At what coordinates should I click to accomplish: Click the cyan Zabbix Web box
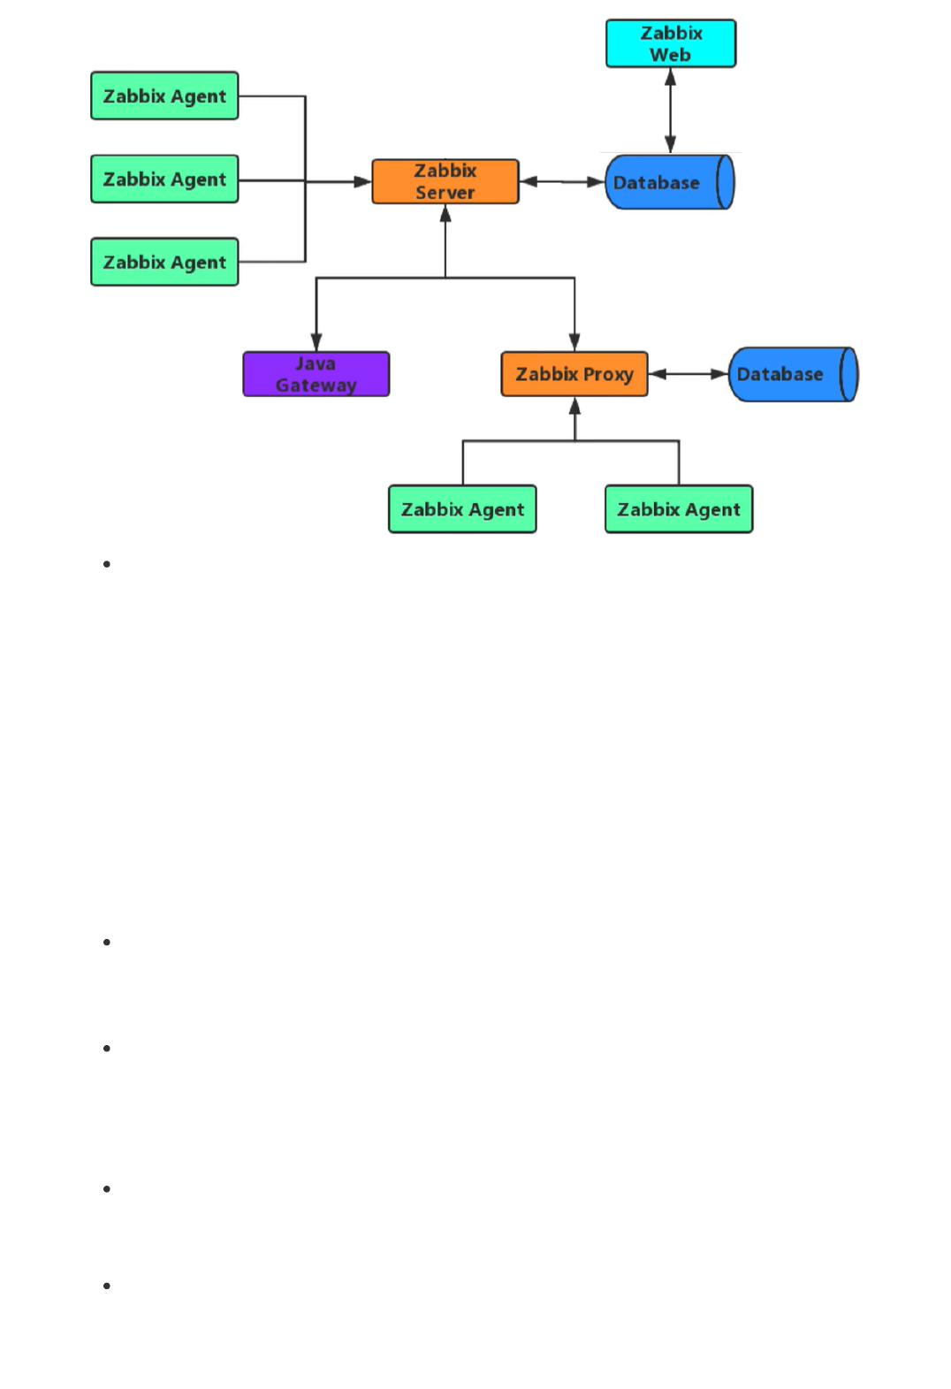[x=670, y=43]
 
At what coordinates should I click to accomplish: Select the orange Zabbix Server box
[x=445, y=181]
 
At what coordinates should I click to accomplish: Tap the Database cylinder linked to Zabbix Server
[x=669, y=182]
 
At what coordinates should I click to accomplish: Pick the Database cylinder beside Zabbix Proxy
[x=793, y=374]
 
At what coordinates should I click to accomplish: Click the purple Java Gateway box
[x=316, y=374]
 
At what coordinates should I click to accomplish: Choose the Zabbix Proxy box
[x=574, y=374]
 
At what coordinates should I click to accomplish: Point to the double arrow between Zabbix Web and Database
[x=670, y=111]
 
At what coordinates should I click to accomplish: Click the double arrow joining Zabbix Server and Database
[x=562, y=182]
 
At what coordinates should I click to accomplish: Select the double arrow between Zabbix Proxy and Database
[x=689, y=374]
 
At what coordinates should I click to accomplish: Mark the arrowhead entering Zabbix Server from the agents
[x=362, y=182]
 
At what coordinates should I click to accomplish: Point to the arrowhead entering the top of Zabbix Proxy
[x=574, y=342]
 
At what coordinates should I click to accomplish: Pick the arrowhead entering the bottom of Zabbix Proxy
[x=574, y=407]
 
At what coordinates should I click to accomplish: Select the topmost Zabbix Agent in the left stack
[x=164, y=95]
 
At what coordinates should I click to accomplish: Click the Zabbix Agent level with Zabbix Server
[x=164, y=179]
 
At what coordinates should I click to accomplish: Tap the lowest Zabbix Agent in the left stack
[x=164, y=262]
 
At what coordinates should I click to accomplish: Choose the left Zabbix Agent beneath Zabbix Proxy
[x=462, y=509]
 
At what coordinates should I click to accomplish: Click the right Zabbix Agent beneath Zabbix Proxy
[x=678, y=509]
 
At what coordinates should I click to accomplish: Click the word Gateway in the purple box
[x=316, y=385]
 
